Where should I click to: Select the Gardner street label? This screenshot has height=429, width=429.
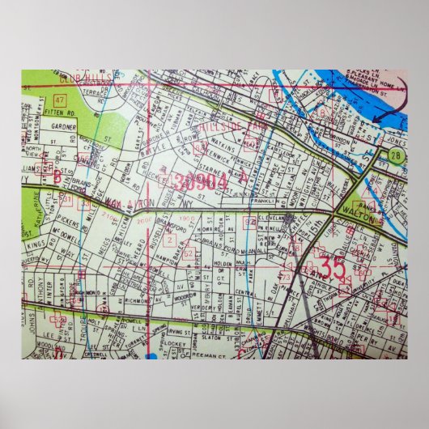click(x=63, y=127)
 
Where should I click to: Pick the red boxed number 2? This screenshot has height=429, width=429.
click(x=168, y=240)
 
